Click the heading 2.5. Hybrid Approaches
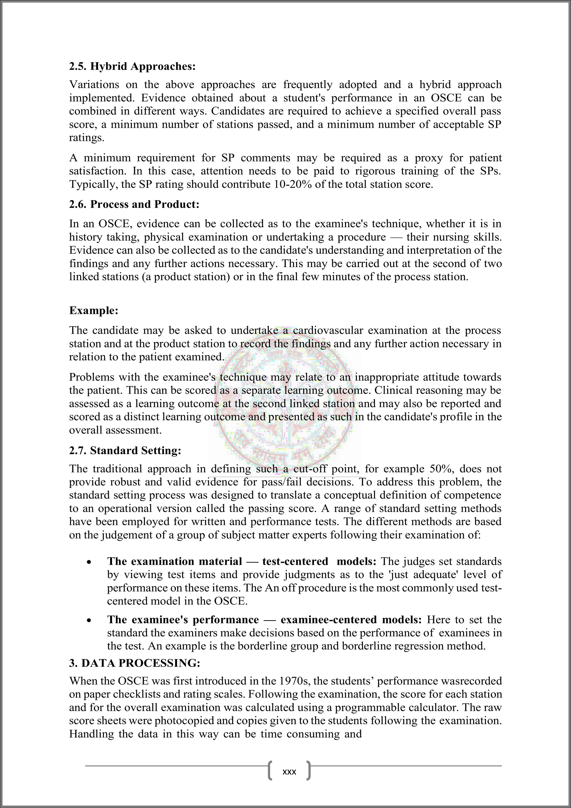point(132,66)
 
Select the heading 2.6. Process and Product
point(134,205)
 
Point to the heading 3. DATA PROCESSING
point(135,663)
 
